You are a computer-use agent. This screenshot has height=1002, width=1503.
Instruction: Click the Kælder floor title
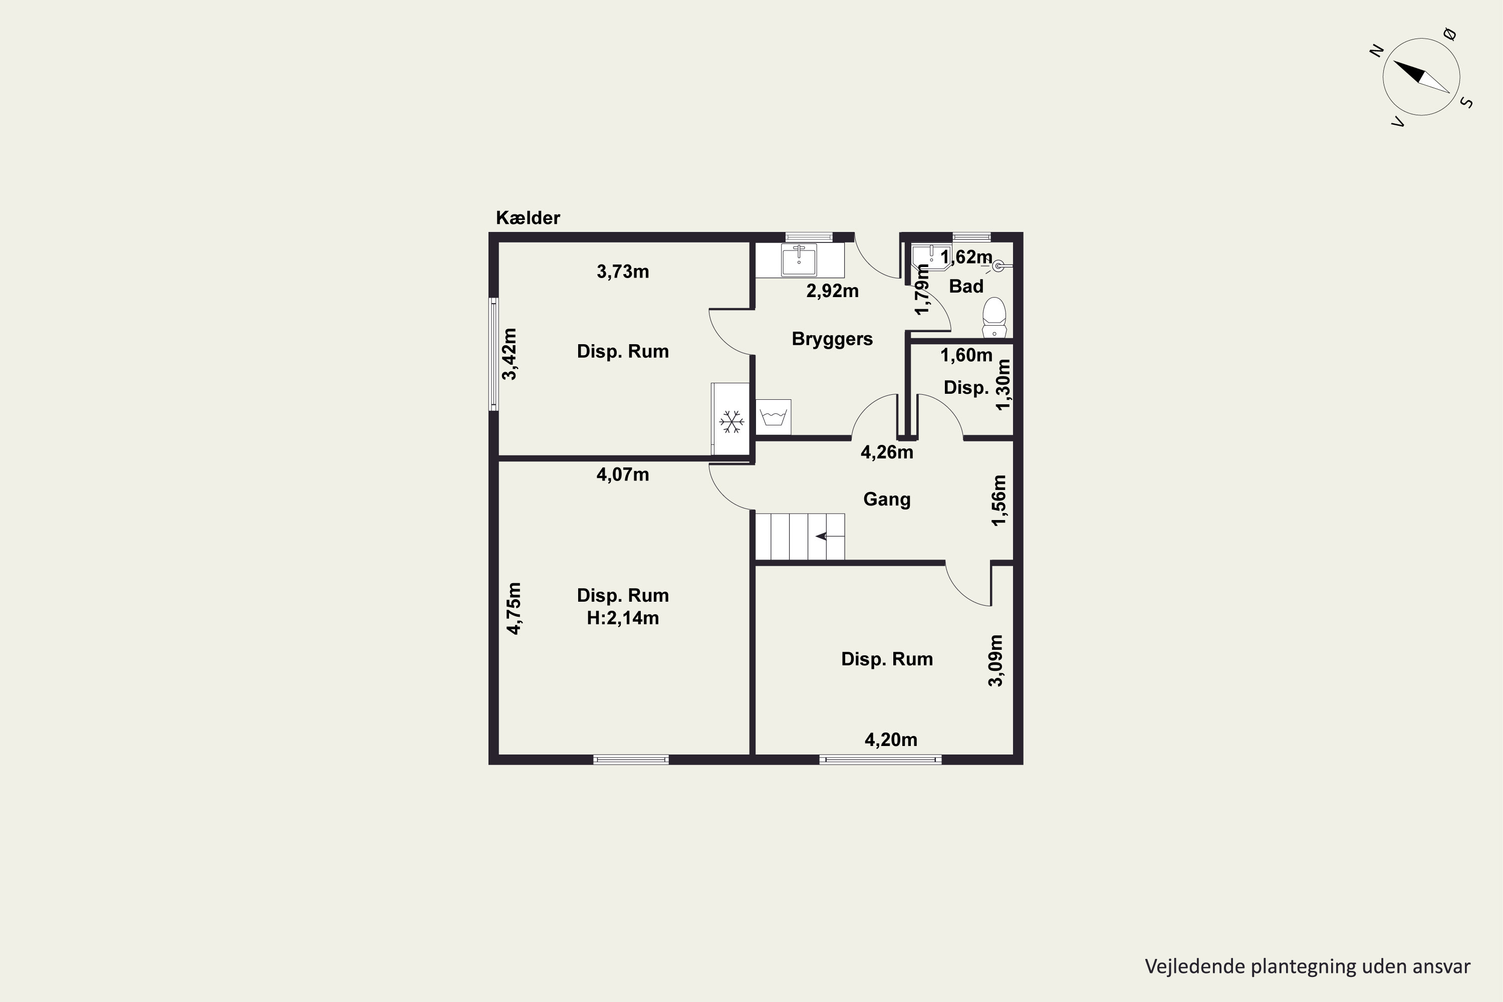528,218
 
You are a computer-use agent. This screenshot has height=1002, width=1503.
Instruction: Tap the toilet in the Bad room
993,318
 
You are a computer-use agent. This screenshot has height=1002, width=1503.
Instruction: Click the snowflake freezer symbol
731,421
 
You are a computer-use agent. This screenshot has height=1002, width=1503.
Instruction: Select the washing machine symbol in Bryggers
773,418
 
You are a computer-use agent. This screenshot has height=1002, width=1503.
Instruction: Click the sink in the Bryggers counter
799,260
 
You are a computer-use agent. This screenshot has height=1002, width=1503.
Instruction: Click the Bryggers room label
832,339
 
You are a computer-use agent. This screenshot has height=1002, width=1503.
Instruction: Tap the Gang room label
887,499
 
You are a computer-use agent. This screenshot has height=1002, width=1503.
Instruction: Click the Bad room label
965,286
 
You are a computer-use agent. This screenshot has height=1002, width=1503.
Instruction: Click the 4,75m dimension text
514,608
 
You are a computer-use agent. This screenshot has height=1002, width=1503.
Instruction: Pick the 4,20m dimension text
891,740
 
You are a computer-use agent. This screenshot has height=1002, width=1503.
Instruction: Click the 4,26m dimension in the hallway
887,452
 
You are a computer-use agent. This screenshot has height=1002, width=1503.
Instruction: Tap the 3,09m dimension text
995,661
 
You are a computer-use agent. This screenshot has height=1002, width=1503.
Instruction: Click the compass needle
1421,77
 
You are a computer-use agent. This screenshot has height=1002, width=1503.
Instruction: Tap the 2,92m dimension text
832,292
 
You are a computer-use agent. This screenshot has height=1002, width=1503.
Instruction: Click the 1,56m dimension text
998,500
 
